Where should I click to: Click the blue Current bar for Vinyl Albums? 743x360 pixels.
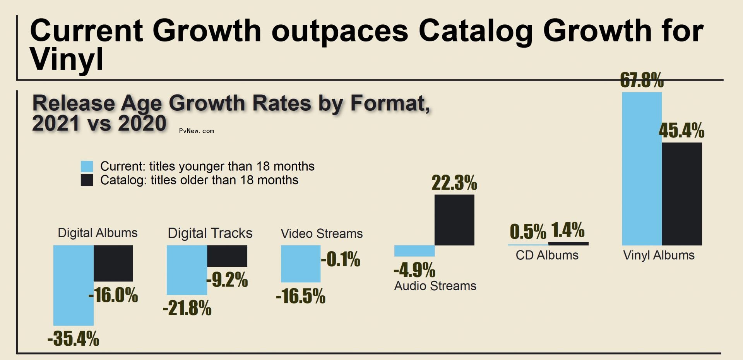[x=642, y=168]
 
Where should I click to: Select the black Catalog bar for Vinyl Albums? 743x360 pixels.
[x=681, y=194]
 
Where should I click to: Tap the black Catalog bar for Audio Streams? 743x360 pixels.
[x=454, y=219]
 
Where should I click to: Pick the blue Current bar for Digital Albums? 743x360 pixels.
[x=73, y=285]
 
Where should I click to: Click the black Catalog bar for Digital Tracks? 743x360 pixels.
[x=227, y=255]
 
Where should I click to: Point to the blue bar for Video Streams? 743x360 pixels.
[x=300, y=263]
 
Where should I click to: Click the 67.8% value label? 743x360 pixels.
[x=641, y=81]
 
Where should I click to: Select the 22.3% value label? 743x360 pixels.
[x=454, y=183]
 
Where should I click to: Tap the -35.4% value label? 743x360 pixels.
[x=73, y=338]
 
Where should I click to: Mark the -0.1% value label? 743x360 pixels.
[x=340, y=259]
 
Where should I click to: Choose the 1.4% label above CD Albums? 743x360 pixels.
[x=568, y=230]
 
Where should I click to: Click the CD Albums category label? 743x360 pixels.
[x=547, y=255]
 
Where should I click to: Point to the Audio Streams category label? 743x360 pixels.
[x=435, y=286]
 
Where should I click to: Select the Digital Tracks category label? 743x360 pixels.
[x=210, y=233]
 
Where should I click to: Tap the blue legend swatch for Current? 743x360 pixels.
[x=87, y=166]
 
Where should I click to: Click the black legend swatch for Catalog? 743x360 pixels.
[x=87, y=180]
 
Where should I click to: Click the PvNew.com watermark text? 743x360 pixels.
[x=196, y=131]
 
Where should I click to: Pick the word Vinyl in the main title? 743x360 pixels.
[x=67, y=59]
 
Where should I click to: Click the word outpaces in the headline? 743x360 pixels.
[x=339, y=31]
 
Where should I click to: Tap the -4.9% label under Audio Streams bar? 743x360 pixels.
[x=414, y=270]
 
